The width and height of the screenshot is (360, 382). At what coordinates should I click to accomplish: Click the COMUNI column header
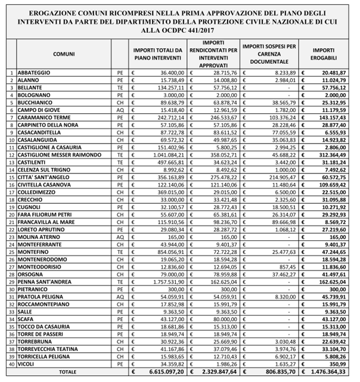(64, 54)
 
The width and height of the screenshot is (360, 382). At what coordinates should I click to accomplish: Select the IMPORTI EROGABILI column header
(325, 54)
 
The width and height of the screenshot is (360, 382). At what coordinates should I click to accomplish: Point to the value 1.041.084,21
(163, 155)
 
